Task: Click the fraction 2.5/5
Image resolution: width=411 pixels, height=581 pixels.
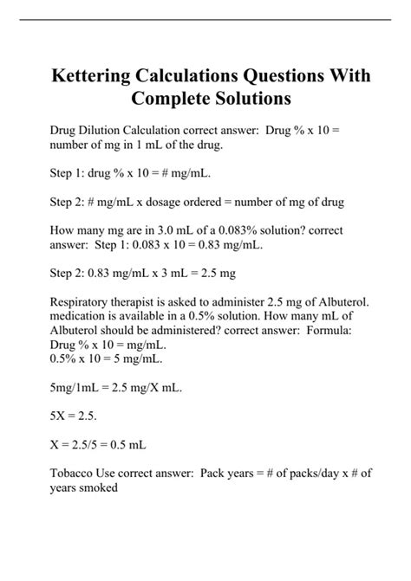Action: coord(90,445)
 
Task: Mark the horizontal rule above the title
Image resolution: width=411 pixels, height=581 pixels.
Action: coord(205,21)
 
